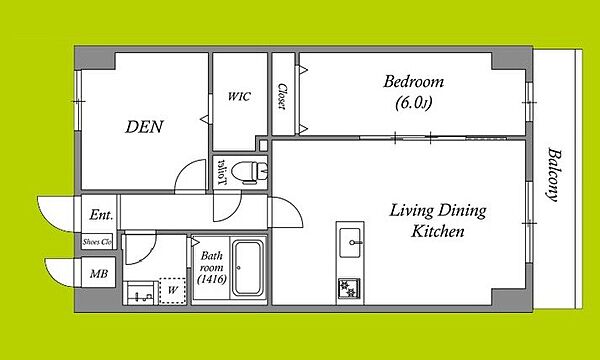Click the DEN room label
pos(144,127)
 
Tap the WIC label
pos(239,96)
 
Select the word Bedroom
pos(414,82)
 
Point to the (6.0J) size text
pos(414,103)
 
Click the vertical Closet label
pos(283,96)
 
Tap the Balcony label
pos(553,174)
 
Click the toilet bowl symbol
pos(250,171)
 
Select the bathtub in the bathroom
pos(248,268)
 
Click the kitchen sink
pos(350,243)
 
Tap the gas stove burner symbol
pos(349,289)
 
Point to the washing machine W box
pos(173,291)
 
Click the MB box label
pos(99,274)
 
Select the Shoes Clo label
pos(97,242)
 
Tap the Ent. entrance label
pos(101,215)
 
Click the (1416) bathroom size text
pos(212,280)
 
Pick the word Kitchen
pos(438,231)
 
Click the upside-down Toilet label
pos(222,172)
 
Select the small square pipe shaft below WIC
pos(263,145)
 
